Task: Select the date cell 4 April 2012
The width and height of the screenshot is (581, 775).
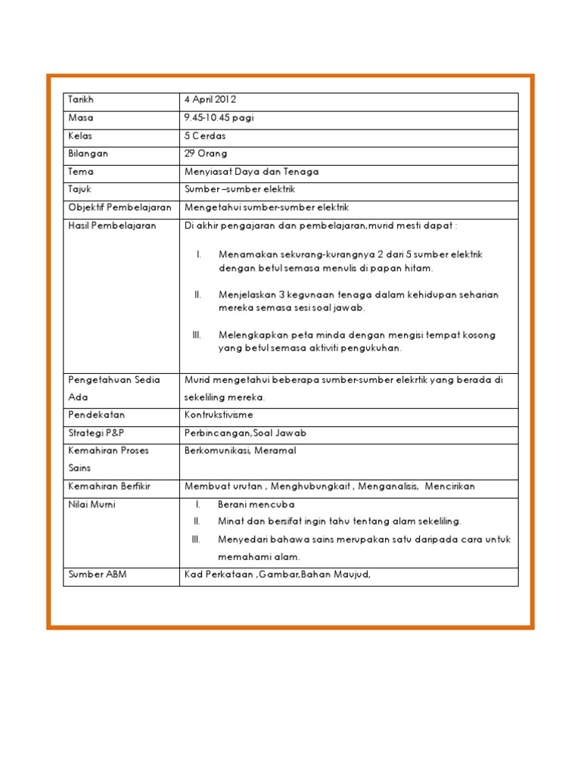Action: click(x=210, y=100)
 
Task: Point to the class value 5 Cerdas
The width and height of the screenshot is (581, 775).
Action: click(x=205, y=136)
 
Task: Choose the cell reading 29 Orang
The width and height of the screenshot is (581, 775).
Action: click(x=206, y=154)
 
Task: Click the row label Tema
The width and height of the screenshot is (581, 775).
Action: click(x=81, y=172)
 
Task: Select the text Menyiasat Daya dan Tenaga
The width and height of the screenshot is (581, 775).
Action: click(x=251, y=172)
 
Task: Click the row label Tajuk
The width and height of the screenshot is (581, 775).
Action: click(x=79, y=189)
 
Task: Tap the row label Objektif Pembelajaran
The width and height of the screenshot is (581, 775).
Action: click(x=120, y=207)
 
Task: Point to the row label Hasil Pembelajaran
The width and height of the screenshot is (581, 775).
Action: click(x=112, y=226)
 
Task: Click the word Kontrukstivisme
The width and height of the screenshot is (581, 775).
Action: click(x=219, y=416)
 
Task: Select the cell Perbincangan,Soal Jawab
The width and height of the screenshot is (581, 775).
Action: click(x=245, y=433)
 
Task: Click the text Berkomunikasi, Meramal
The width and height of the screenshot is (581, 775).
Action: click(x=240, y=450)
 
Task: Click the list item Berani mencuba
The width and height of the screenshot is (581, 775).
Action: click(x=256, y=504)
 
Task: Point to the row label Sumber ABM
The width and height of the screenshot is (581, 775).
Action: click(x=98, y=574)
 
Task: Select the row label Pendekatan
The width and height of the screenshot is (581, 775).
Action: click(x=96, y=416)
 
